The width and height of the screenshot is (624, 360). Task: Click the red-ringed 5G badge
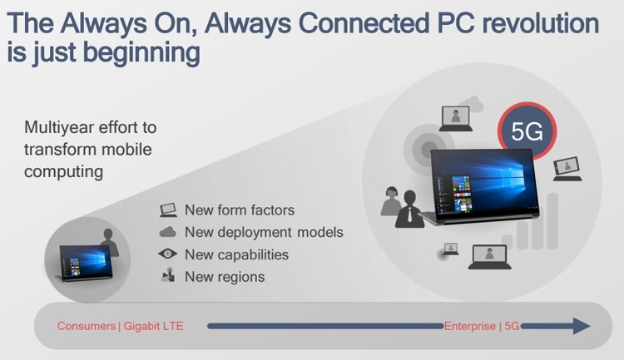pos(527,131)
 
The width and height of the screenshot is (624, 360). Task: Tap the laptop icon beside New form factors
pos(168,210)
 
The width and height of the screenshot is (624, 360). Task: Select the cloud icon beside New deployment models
pos(167,232)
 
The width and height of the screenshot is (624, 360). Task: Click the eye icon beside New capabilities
pos(167,254)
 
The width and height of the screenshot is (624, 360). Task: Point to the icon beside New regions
pos(168,275)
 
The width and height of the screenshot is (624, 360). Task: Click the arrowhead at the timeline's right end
pos(582,326)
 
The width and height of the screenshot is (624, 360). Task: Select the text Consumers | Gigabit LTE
pos(120,326)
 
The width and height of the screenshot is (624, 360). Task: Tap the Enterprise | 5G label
pos(482,326)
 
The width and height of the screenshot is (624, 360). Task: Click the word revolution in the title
pos(541,23)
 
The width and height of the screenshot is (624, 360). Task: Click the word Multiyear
pos(59,128)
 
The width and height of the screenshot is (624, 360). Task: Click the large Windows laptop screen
pos(484,185)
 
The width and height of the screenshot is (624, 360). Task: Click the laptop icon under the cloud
pos(456,119)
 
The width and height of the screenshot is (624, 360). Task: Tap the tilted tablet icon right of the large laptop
pos(567,169)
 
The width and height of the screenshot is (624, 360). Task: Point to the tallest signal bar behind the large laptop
pos(552,221)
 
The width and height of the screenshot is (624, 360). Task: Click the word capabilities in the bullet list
pos(257,255)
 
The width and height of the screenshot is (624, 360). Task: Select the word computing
pos(64,172)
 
